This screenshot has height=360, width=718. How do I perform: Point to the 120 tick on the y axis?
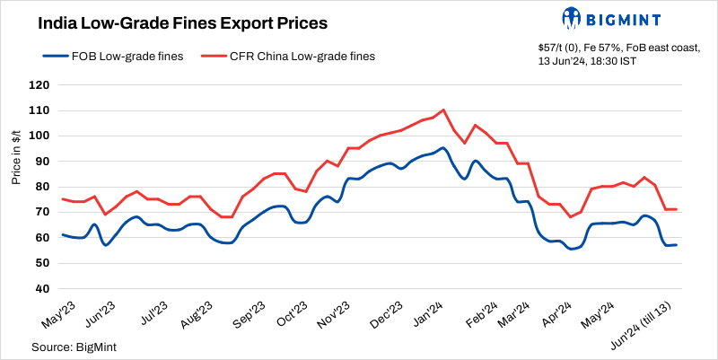[x=39, y=85]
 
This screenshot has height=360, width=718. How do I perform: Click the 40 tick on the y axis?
[x=41, y=288]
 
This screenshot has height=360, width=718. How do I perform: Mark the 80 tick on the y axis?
[x=41, y=187]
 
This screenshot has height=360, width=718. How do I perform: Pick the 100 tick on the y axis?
[x=39, y=136]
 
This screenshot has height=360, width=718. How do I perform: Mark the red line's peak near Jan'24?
[x=444, y=110]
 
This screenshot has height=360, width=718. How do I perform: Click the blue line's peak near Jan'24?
[x=443, y=148]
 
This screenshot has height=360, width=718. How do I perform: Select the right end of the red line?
[x=676, y=209]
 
